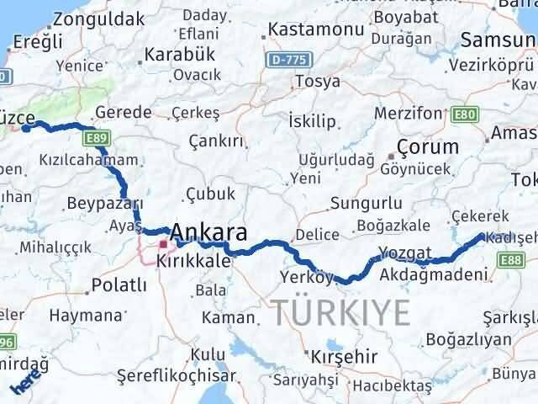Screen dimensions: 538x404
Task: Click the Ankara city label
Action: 209,232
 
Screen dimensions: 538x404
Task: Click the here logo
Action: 24,383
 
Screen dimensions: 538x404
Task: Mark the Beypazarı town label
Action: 105,204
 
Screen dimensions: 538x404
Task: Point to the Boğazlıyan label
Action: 469,339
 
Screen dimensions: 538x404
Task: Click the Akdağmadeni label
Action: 434,274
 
